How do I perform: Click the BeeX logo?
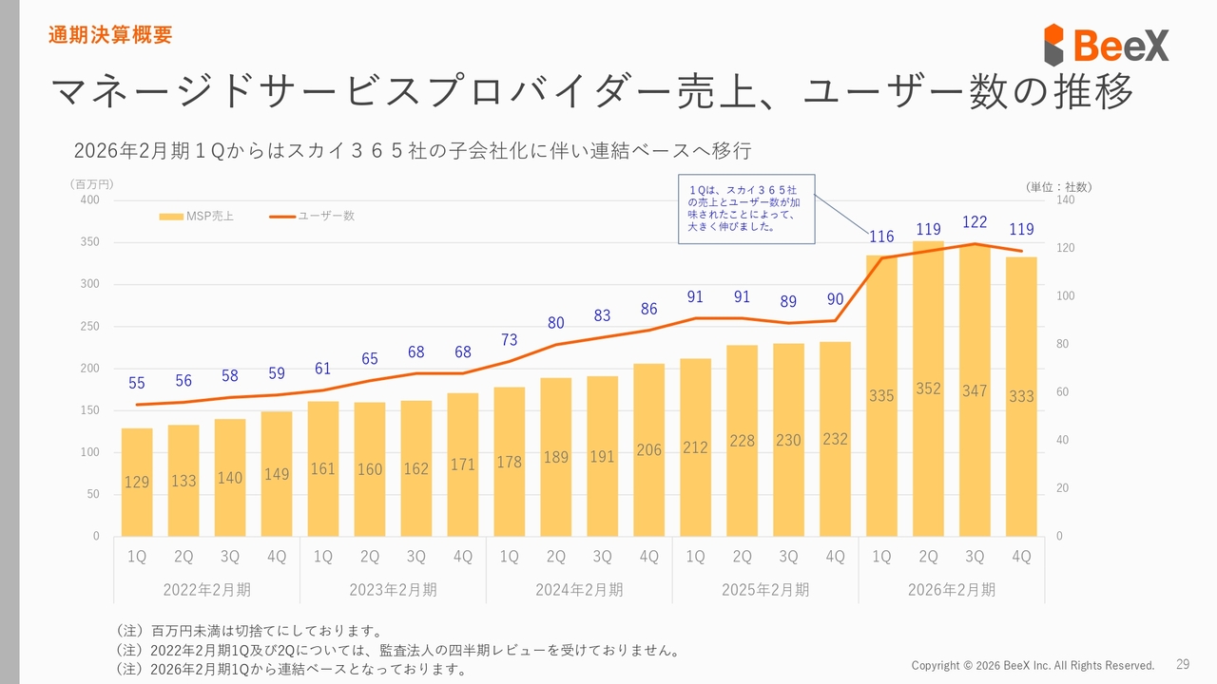[1106, 45]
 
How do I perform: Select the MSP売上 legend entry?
[197, 217]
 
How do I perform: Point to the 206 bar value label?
[648, 450]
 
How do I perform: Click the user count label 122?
[975, 221]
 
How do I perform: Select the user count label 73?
[509, 340]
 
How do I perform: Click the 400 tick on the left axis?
[89, 200]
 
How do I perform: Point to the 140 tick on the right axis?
[1066, 200]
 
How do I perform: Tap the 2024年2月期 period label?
[579, 590]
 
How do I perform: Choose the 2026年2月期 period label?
[952, 590]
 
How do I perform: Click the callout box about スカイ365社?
[746, 209]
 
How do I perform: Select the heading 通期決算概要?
[110, 36]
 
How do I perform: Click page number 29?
[1183, 664]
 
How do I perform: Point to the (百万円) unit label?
[91, 184]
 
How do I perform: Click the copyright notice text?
[1033, 665]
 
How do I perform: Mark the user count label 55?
[137, 383]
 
